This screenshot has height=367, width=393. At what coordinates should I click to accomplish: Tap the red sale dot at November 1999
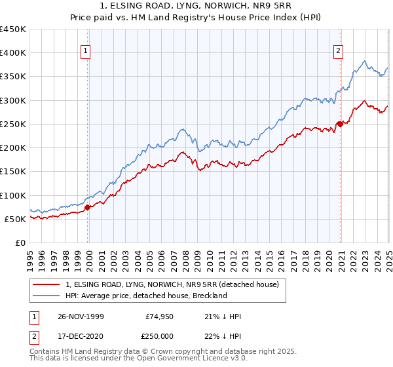pos(88,207)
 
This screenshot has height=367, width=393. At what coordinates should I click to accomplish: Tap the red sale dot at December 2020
pos(339,124)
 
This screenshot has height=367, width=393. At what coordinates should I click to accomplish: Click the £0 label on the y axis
pos(20,242)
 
